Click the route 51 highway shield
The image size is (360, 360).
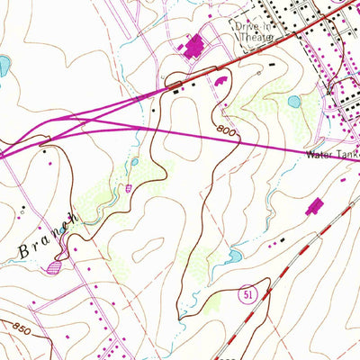coord(248,292)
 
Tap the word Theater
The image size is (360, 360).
coord(252,39)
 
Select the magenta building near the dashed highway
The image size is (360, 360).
coord(314,209)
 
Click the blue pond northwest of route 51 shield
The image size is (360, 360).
coord(232,257)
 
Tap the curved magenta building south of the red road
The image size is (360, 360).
coord(221,82)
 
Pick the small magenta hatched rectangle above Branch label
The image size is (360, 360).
coord(129,188)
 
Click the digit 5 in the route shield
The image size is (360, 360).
coord(246,292)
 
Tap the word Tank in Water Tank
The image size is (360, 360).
coord(347,154)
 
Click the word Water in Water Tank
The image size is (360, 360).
coord(319,154)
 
